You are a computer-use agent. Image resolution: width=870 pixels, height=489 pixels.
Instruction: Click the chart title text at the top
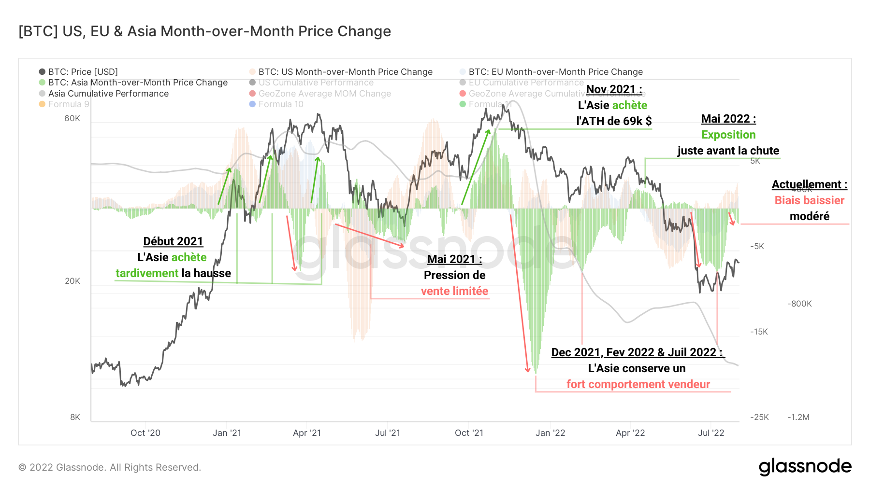(204, 31)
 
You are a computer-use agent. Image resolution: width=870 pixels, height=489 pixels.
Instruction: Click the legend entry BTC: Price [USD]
(83, 72)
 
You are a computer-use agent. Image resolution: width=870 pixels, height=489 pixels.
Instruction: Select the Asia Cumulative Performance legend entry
(108, 94)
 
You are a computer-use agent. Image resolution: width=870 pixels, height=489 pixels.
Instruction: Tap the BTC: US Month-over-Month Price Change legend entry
(345, 72)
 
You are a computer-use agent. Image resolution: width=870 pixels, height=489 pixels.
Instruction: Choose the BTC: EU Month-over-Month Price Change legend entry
(555, 72)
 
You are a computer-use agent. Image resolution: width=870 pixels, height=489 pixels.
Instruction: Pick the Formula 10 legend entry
(280, 104)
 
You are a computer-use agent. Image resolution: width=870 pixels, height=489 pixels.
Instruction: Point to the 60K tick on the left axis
(72, 118)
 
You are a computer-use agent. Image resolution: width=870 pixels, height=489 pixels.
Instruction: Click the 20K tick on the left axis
(72, 281)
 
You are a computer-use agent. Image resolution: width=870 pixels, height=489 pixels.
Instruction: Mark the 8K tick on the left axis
(75, 417)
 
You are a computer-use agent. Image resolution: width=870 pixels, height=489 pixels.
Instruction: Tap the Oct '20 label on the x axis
(145, 433)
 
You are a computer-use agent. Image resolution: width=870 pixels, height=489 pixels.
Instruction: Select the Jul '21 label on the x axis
(388, 433)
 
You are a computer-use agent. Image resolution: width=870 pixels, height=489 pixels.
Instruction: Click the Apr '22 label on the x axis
(630, 433)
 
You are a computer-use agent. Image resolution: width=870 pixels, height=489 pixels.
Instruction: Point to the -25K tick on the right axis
(759, 417)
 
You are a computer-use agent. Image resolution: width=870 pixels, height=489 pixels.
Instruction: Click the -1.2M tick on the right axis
(798, 417)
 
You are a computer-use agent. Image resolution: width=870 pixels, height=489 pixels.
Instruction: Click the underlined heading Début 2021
(173, 241)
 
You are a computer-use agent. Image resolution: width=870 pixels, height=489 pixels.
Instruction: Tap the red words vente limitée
(454, 291)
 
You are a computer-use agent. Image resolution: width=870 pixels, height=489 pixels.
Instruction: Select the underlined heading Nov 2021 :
(614, 89)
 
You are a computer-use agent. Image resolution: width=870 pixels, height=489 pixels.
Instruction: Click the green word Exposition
(728, 135)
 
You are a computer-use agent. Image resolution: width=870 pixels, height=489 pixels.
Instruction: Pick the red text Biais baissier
(810, 200)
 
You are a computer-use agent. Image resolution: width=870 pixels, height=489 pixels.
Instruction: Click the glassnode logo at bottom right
(805, 467)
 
